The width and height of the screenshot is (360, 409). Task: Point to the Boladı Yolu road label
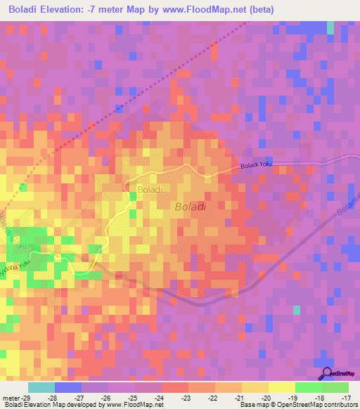[x=255, y=166]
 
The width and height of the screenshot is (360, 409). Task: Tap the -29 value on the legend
[x=27, y=397]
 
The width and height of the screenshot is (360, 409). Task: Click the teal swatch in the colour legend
[x=41, y=387]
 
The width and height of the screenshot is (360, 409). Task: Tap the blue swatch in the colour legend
[x=67, y=387]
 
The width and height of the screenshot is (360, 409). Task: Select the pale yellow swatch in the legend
[x=282, y=387]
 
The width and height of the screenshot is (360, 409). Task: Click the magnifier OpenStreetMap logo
[x=326, y=374]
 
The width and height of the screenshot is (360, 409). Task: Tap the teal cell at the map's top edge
[x=330, y=27]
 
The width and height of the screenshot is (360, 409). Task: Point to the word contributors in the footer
[x=342, y=405]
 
